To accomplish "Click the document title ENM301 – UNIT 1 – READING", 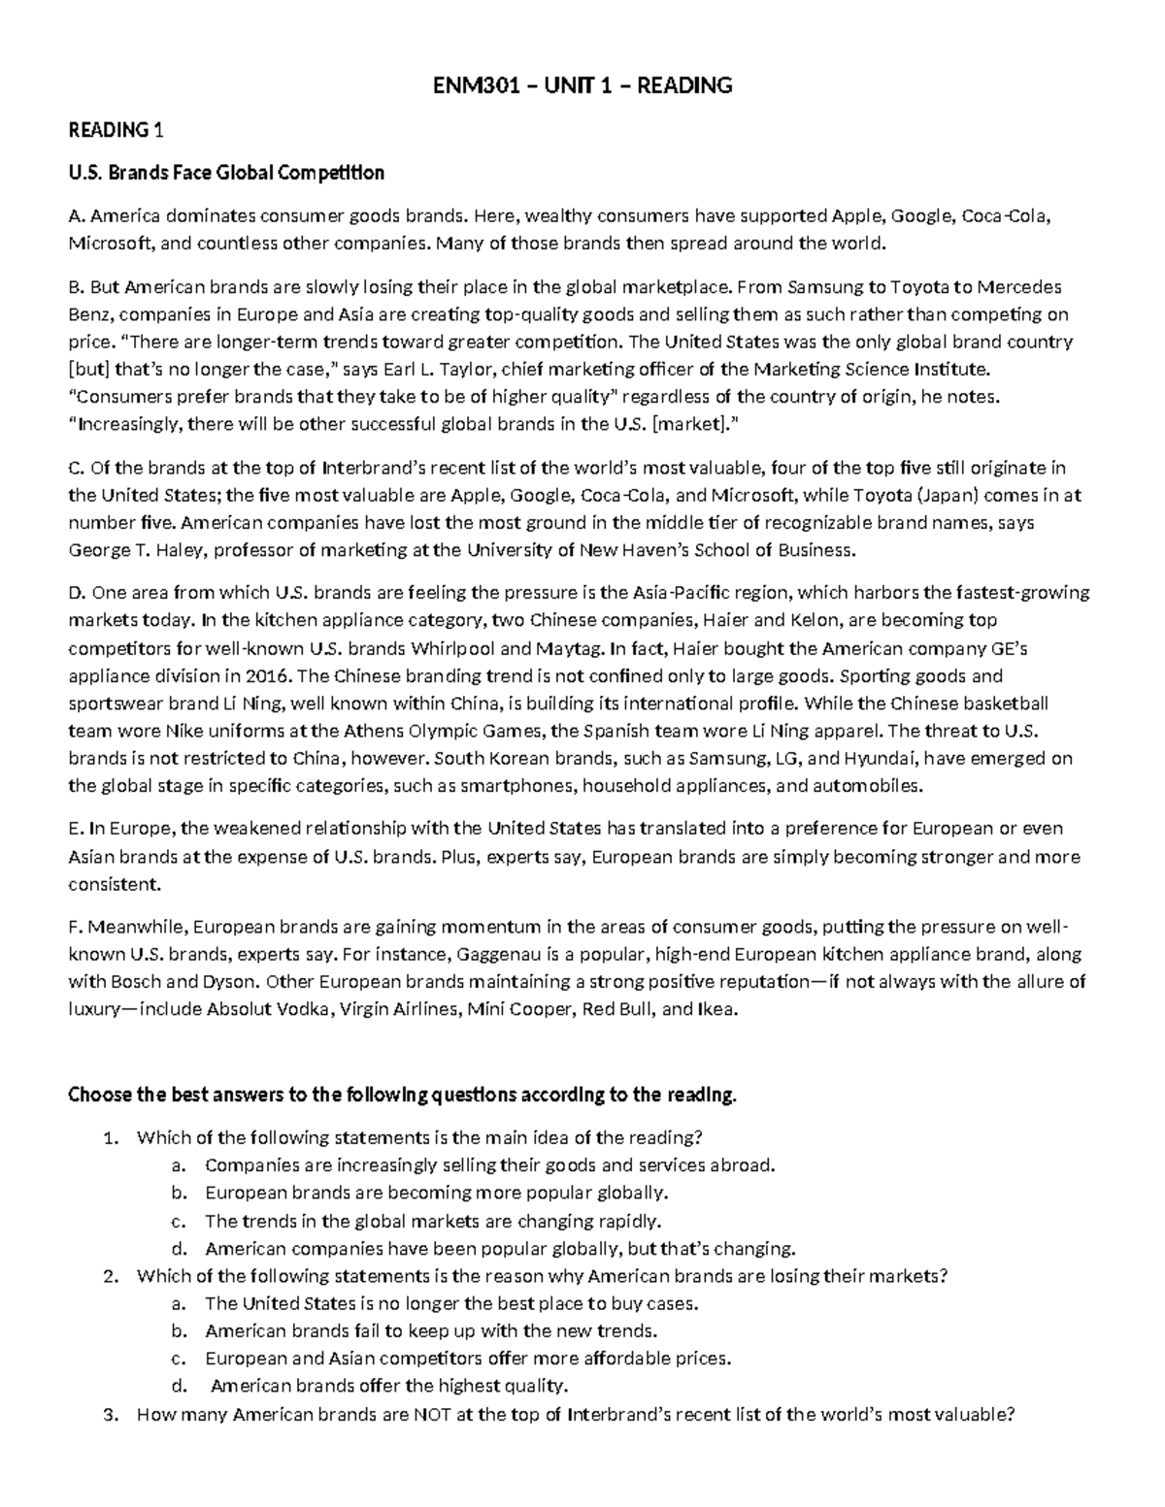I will pos(582,85).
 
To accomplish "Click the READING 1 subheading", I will pos(108,130).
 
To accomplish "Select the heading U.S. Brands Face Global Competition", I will pos(226,173).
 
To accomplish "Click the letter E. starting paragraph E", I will pos(75,829).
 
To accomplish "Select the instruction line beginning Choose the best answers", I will pos(402,1096).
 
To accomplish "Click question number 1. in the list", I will pos(109,1137).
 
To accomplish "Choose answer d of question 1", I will pos(500,1248).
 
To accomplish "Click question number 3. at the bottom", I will pos(109,1415).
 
